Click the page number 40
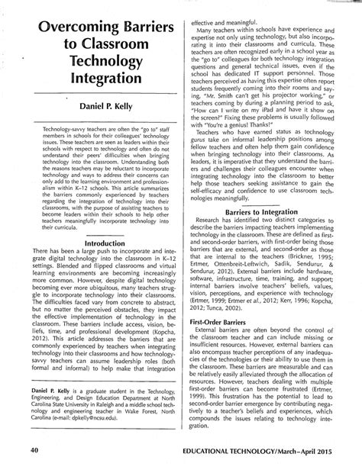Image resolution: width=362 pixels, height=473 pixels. (35, 451)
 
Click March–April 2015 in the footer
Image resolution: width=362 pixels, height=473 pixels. (328, 452)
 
